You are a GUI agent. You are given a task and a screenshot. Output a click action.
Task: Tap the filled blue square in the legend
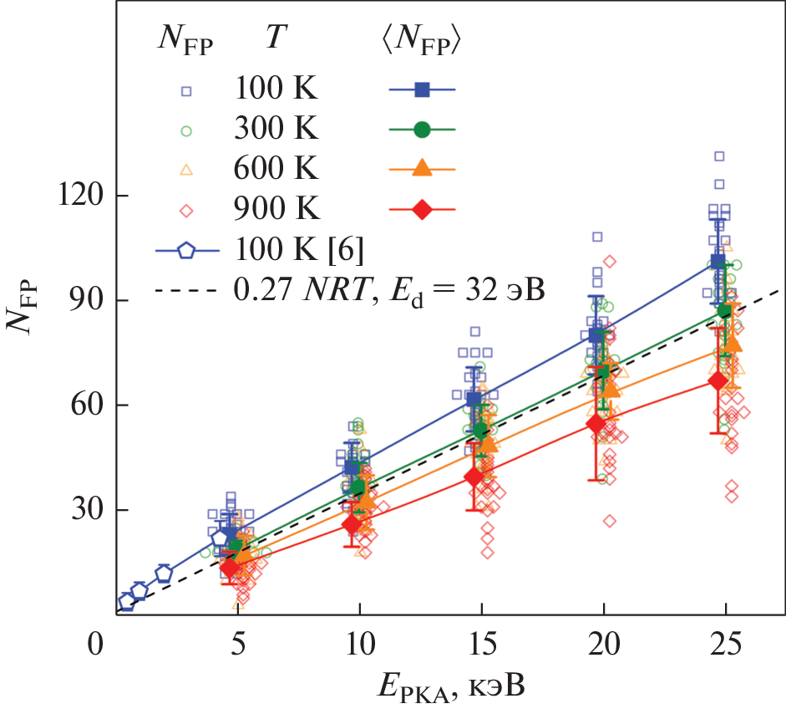423,89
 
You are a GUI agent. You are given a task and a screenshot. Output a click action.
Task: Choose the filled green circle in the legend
423,129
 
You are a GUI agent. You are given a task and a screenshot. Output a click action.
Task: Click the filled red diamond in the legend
423,209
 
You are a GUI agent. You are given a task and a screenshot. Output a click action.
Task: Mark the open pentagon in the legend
186,249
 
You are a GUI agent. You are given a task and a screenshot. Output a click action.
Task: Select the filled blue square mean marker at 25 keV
718,261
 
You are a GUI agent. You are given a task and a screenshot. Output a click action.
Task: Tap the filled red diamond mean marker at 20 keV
596,423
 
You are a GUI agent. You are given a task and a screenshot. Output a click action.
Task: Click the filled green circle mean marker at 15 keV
480,430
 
